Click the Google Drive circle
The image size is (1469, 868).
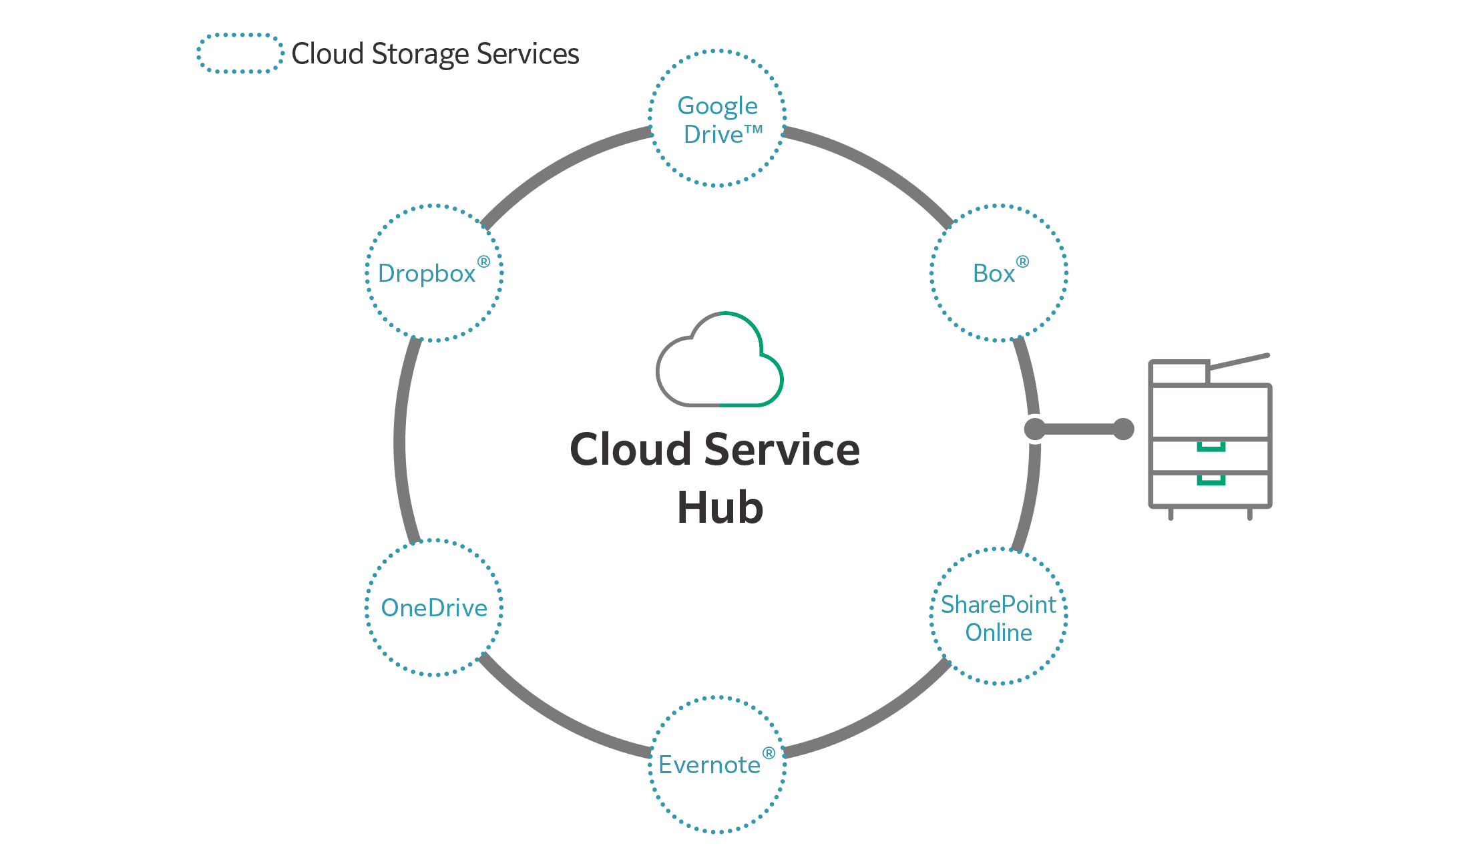point(717,118)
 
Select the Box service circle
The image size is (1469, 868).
point(999,273)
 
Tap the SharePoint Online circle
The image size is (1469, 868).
point(999,616)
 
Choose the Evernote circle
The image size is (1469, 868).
point(717,765)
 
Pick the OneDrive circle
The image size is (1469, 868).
point(434,608)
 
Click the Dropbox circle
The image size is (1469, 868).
point(434,273)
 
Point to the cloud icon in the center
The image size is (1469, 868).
point(720,361)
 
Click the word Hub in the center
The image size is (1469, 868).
point(720,508)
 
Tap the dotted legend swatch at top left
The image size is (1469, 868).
point(240,53)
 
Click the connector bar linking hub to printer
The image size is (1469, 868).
point(1078,429)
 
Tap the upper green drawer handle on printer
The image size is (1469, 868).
point(1211,447)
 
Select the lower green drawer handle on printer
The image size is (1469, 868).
point(1211,480)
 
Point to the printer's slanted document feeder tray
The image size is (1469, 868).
point(1239,361)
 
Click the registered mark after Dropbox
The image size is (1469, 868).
point(483,262)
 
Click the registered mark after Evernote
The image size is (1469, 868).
point(769,753)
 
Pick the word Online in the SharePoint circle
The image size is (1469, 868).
point(999,632)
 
